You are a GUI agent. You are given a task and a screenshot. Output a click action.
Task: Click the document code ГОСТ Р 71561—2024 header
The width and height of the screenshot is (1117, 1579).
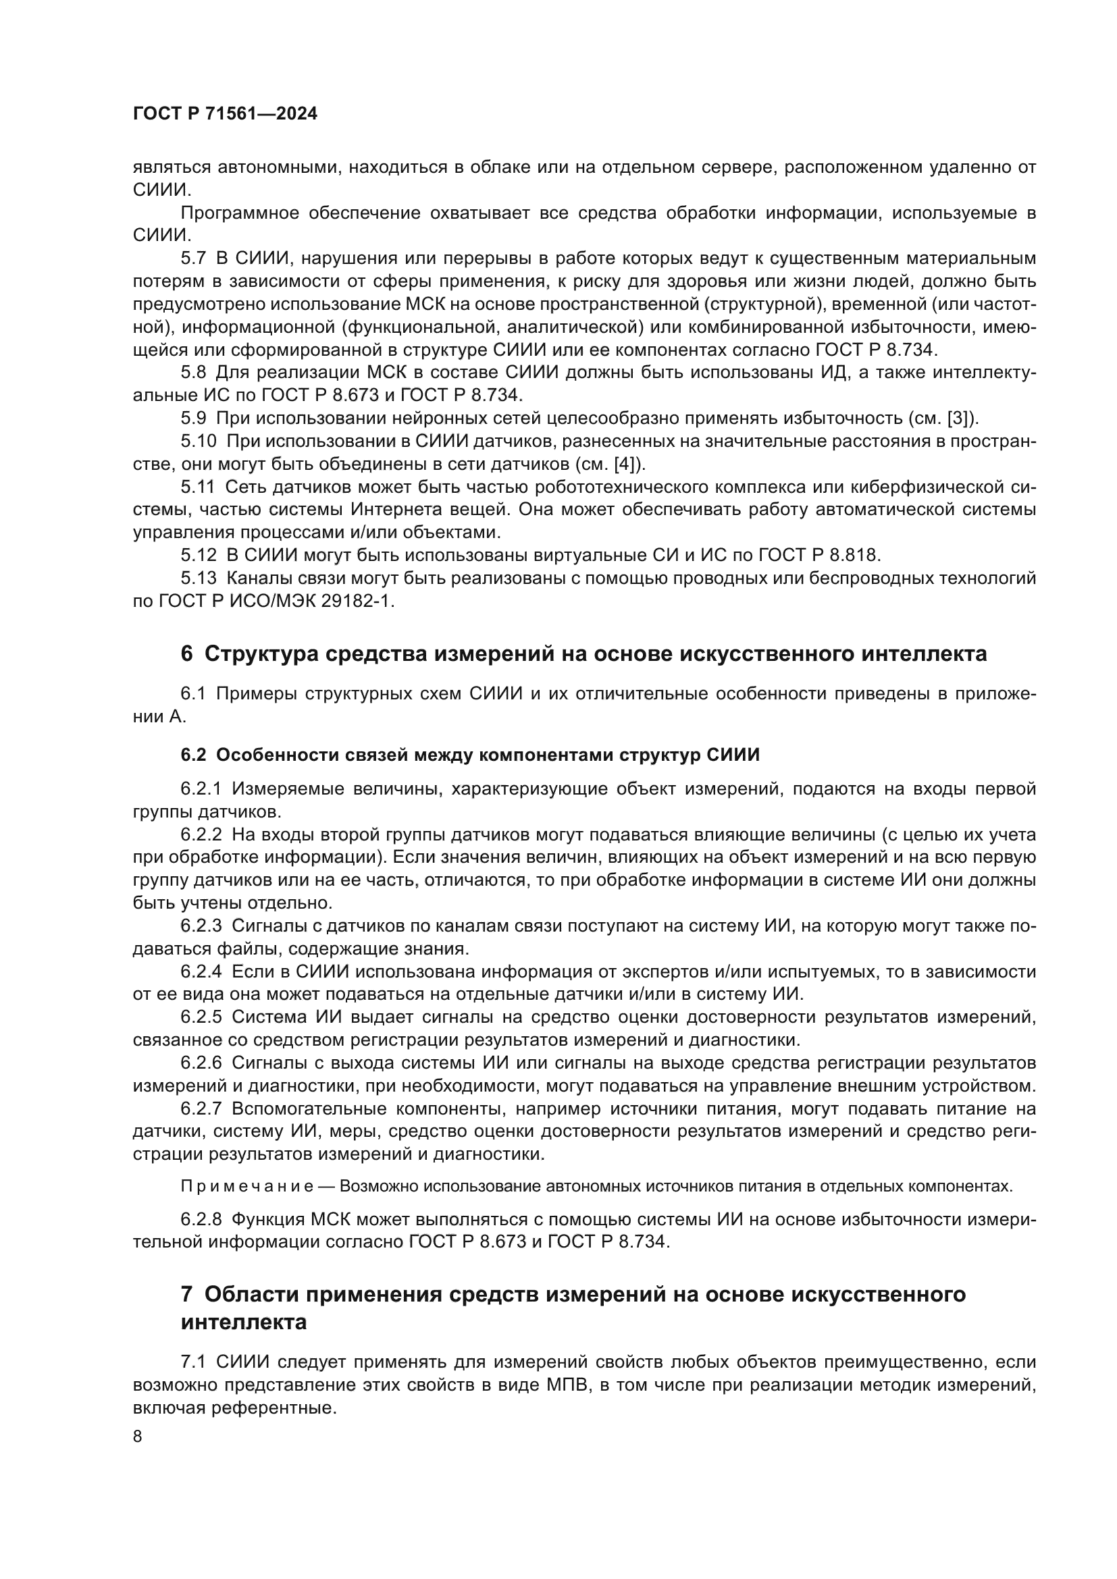[x=225, y=114]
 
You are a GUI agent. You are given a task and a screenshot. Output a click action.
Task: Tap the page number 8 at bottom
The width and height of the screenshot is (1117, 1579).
[x=138, y=1437]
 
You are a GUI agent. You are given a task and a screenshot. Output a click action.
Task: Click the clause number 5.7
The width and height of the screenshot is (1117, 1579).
[x=193, y=259]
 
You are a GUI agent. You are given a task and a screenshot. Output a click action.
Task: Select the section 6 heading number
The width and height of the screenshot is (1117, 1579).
[x=186, y=653]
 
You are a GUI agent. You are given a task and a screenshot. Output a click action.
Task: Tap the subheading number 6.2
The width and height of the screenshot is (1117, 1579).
[x=193, y=755]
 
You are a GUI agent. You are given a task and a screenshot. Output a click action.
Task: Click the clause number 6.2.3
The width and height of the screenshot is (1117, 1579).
[x=201, y=926]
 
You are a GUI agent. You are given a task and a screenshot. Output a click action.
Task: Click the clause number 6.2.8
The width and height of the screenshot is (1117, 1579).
[x=201, y=1219]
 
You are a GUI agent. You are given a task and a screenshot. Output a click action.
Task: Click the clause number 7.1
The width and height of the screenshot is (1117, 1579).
[x=193, y=1362]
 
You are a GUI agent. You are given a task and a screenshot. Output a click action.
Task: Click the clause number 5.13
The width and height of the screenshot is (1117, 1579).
[x=198, y=579]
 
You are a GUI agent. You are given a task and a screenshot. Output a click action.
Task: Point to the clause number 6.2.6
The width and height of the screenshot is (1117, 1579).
[x=201, y=1063]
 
